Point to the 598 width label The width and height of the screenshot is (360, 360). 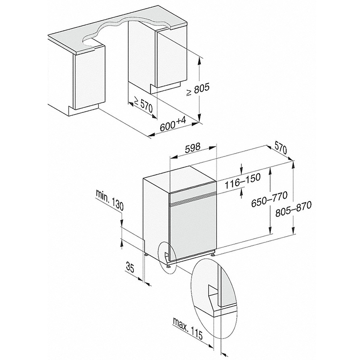[x=192, y=148]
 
